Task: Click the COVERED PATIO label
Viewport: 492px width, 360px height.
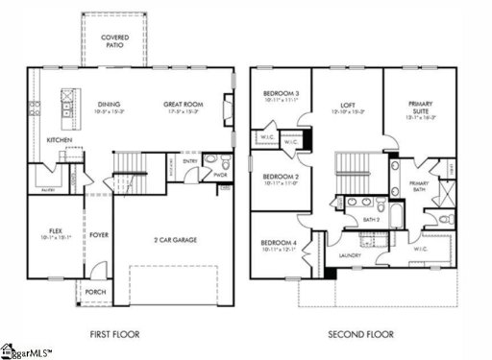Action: [116, 41]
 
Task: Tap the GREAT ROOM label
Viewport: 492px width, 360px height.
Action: [181, 105]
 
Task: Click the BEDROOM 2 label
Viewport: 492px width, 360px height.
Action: [281, 178]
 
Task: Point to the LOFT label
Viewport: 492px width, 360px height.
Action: [348, 105]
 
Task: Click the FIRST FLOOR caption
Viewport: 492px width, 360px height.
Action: [114, 334]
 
